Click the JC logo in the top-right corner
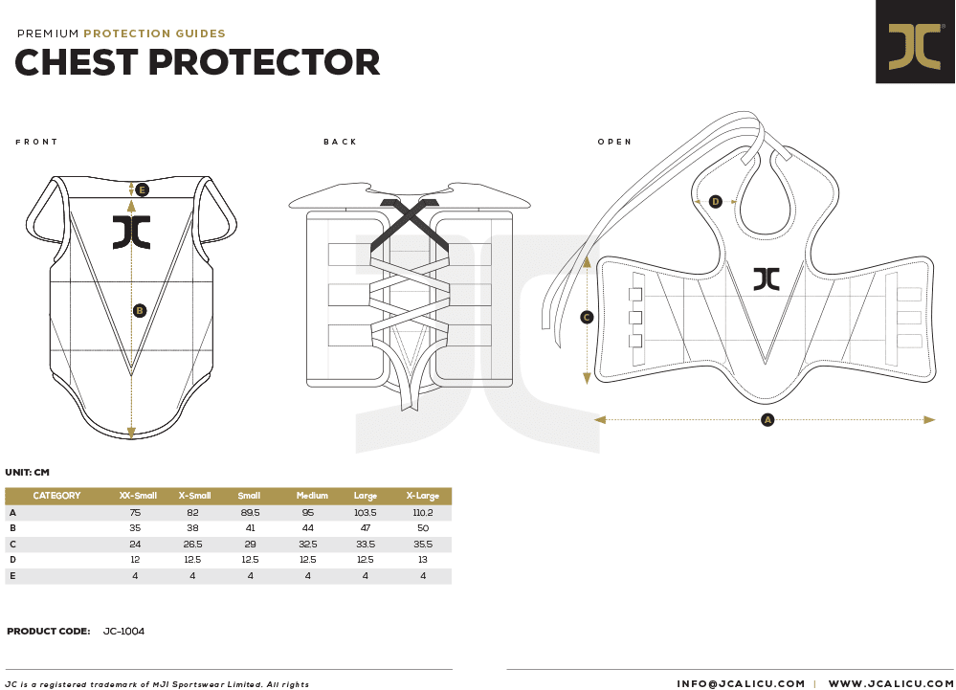915,41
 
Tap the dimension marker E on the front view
142,190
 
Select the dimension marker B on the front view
140,311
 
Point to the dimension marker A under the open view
767,419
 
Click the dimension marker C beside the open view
587,317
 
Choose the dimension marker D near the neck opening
716,201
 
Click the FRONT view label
36,142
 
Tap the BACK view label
341,142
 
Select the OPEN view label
614,142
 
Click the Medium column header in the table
312,496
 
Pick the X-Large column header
423,496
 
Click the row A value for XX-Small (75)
135,513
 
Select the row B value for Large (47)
366,528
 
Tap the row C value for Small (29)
250,544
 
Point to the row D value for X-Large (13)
423,560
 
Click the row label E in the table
12,575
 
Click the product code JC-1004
123,631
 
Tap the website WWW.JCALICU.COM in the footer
891,684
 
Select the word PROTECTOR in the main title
264,62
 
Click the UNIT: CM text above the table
28,473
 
